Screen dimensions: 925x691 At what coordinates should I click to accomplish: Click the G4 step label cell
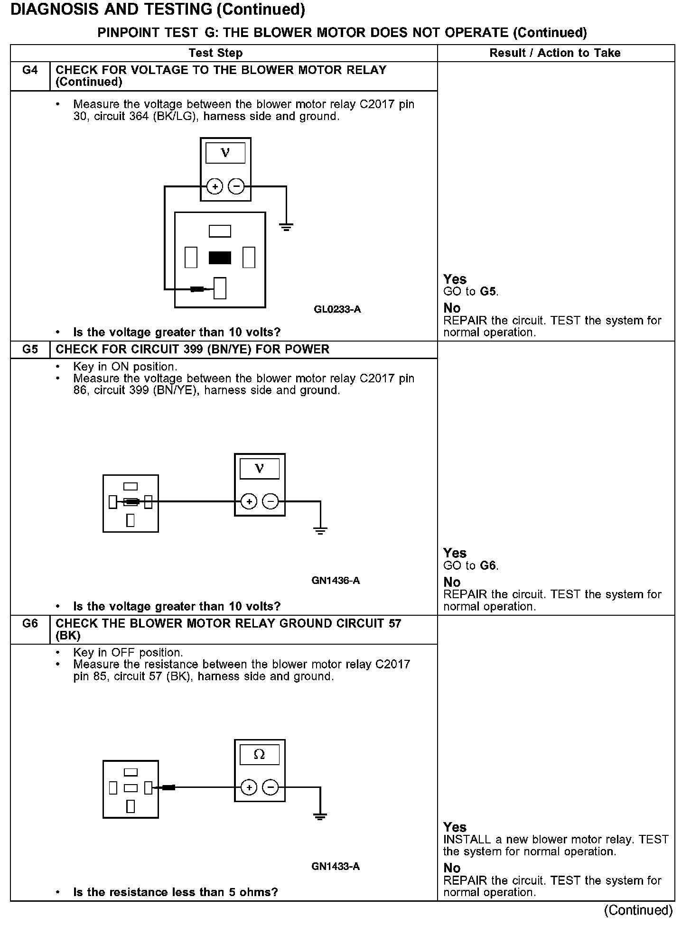pos(30,70)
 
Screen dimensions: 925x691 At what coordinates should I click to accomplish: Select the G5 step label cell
pos(30,350)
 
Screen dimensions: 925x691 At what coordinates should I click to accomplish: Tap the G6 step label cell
pos(30,623)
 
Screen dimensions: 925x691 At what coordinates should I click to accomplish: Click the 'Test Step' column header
pos(215,53)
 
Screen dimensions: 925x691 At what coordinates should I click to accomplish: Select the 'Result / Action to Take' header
pos(555,53)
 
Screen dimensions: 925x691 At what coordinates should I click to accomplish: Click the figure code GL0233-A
pos(337,309)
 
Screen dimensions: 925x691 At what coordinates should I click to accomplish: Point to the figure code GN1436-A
pos(336,581)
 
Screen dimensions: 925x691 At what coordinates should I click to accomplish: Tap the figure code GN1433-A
pos(336,867)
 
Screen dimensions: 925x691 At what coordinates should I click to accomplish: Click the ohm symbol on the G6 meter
pos(259,755)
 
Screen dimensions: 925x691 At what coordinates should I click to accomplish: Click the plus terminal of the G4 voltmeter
pos(215,187)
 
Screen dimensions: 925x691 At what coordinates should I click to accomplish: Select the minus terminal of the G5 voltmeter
pos(271,501)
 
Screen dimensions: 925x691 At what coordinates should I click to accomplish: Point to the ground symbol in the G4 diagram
pos(286,227)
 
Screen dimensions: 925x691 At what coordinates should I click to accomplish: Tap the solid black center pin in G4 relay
pos(220,258)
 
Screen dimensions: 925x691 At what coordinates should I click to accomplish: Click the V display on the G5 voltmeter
pos(259,469)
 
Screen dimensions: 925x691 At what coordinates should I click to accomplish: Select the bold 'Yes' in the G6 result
pos(455,827)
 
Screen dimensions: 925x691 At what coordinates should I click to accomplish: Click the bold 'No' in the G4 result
pos(452,308)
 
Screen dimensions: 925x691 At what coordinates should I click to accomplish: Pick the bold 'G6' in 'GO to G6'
pos(488,565)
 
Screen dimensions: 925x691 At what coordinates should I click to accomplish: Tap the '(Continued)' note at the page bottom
pos(638,910)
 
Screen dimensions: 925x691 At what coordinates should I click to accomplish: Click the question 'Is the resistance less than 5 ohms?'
pos(175,892)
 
